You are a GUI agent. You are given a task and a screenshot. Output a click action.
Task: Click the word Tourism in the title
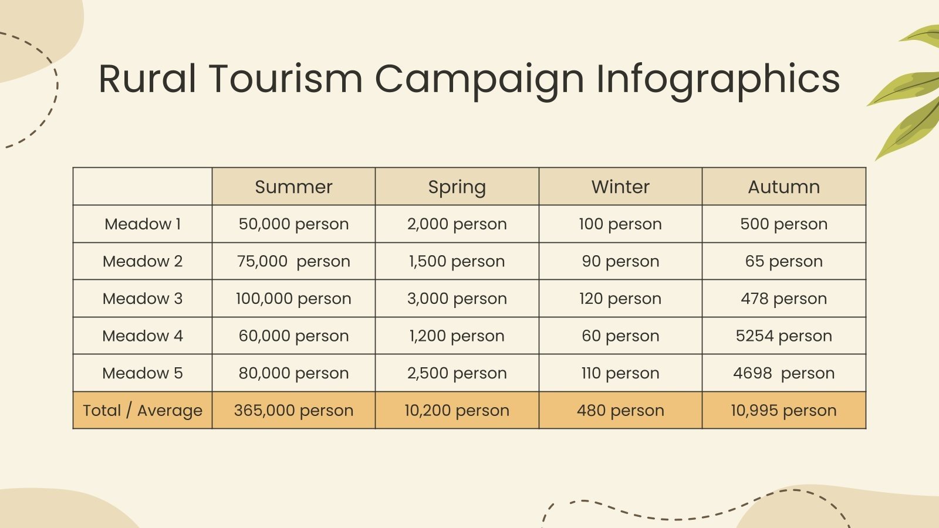pos(286,79)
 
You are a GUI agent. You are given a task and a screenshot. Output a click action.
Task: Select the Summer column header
pos(293,187)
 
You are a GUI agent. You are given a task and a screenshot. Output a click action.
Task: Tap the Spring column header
pos(457,187)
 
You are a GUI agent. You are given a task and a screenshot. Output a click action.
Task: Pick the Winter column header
pos(620,187)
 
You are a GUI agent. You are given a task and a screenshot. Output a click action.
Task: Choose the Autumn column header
pos(783,187)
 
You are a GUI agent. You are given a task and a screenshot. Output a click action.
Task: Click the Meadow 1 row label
pos(143,224)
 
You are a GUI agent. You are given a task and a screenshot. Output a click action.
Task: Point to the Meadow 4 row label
pos(143,336)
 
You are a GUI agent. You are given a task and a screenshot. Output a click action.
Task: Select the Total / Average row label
pos(143,410)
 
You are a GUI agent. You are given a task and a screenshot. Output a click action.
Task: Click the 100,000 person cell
pos(293,298)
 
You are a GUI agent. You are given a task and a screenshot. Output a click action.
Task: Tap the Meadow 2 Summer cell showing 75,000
pos(293,261)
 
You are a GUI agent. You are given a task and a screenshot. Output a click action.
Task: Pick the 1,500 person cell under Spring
pos(457,261)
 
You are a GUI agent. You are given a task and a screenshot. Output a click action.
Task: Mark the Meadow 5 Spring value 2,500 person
pos(457,373)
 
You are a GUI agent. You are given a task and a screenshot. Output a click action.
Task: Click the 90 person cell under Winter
pos(620,261)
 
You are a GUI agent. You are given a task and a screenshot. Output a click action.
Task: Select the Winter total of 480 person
pos(620,410)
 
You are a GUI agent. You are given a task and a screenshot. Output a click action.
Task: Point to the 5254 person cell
pos(783,336)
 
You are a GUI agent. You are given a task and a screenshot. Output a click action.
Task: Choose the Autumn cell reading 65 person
pos(783,261)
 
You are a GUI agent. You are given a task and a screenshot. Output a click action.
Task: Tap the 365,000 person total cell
pos(293,410)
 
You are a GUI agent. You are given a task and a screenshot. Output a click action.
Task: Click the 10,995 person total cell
pos(783,410)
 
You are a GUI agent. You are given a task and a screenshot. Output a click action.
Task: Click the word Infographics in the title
pos(718,79)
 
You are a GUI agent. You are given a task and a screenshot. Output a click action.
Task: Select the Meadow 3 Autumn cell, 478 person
pos(783,298)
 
